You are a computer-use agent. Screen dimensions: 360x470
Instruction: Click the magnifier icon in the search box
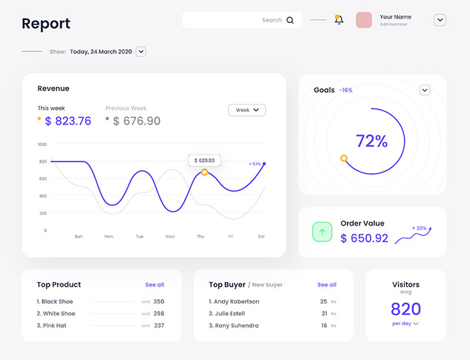tap(290, 21)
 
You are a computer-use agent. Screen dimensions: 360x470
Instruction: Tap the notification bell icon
tap(339, 20)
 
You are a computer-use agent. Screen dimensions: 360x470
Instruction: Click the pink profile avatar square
tap(364, 20)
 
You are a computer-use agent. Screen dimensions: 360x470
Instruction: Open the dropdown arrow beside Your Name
tap(440, 20)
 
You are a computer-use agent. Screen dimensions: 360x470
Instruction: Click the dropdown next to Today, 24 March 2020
tap(141, 52)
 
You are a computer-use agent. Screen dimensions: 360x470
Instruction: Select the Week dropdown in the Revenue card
tap(247, 110)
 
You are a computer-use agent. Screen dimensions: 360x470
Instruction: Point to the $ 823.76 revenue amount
tap(68, 121)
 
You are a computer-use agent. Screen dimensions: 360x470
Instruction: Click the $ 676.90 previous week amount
tap(137, 121)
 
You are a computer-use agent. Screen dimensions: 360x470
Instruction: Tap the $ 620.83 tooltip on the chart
tap(204, 160)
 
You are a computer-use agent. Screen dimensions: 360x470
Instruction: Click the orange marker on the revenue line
tap(204, 172)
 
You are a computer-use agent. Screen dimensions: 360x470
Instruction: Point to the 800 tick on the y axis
tap(42, 161)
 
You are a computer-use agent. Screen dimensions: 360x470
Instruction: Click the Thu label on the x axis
tap(200, 236)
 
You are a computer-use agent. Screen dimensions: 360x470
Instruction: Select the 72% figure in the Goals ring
tap(371, 141)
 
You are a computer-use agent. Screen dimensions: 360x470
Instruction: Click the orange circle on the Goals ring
tap(344, 158)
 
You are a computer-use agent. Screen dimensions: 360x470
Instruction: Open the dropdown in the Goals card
tap(425, 91)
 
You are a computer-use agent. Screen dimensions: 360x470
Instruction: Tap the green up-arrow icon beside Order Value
tap(322, 232)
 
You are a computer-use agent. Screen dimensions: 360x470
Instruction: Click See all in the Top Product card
tap(154, 284)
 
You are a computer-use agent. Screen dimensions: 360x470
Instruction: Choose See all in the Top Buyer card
tap(327, 284)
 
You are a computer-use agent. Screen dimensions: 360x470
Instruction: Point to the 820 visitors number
tap(405, 309)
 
